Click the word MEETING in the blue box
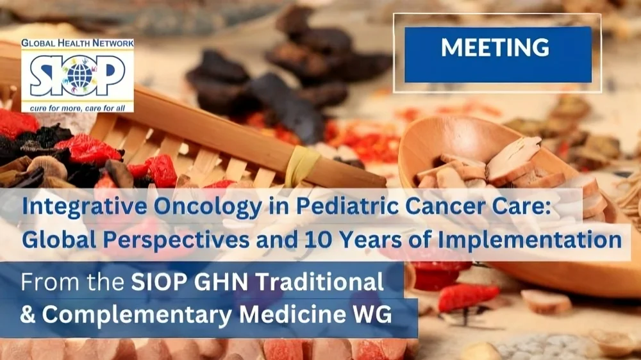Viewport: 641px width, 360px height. tap(495, 47)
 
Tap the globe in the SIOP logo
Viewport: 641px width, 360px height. tap(79, 76)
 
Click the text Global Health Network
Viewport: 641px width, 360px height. tap(78, 43)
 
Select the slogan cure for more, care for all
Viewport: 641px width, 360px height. tap(76, 108)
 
